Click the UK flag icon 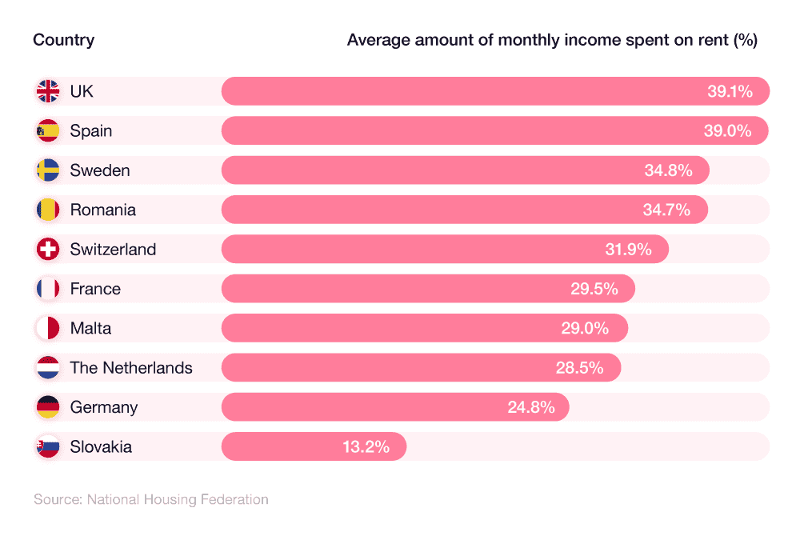[48, 91]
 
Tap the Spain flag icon [48, 130]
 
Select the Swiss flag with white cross [48, 249]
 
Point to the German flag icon [48, 407]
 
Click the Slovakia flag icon [48, 446]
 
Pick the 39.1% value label [730, 91]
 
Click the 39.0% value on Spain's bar [728, 130]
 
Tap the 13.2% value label [366, 446]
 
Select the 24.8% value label [530, 407]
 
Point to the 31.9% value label [628, 249]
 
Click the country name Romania [102, 210]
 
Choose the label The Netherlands [131, 368]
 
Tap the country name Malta [90, 328]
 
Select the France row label [95, 289]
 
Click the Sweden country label [99, 170]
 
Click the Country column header [63, 40]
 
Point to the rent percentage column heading [551, 40]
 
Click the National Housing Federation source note [150, 499]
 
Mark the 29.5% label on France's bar [594, 289]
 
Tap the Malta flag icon [48, 328]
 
